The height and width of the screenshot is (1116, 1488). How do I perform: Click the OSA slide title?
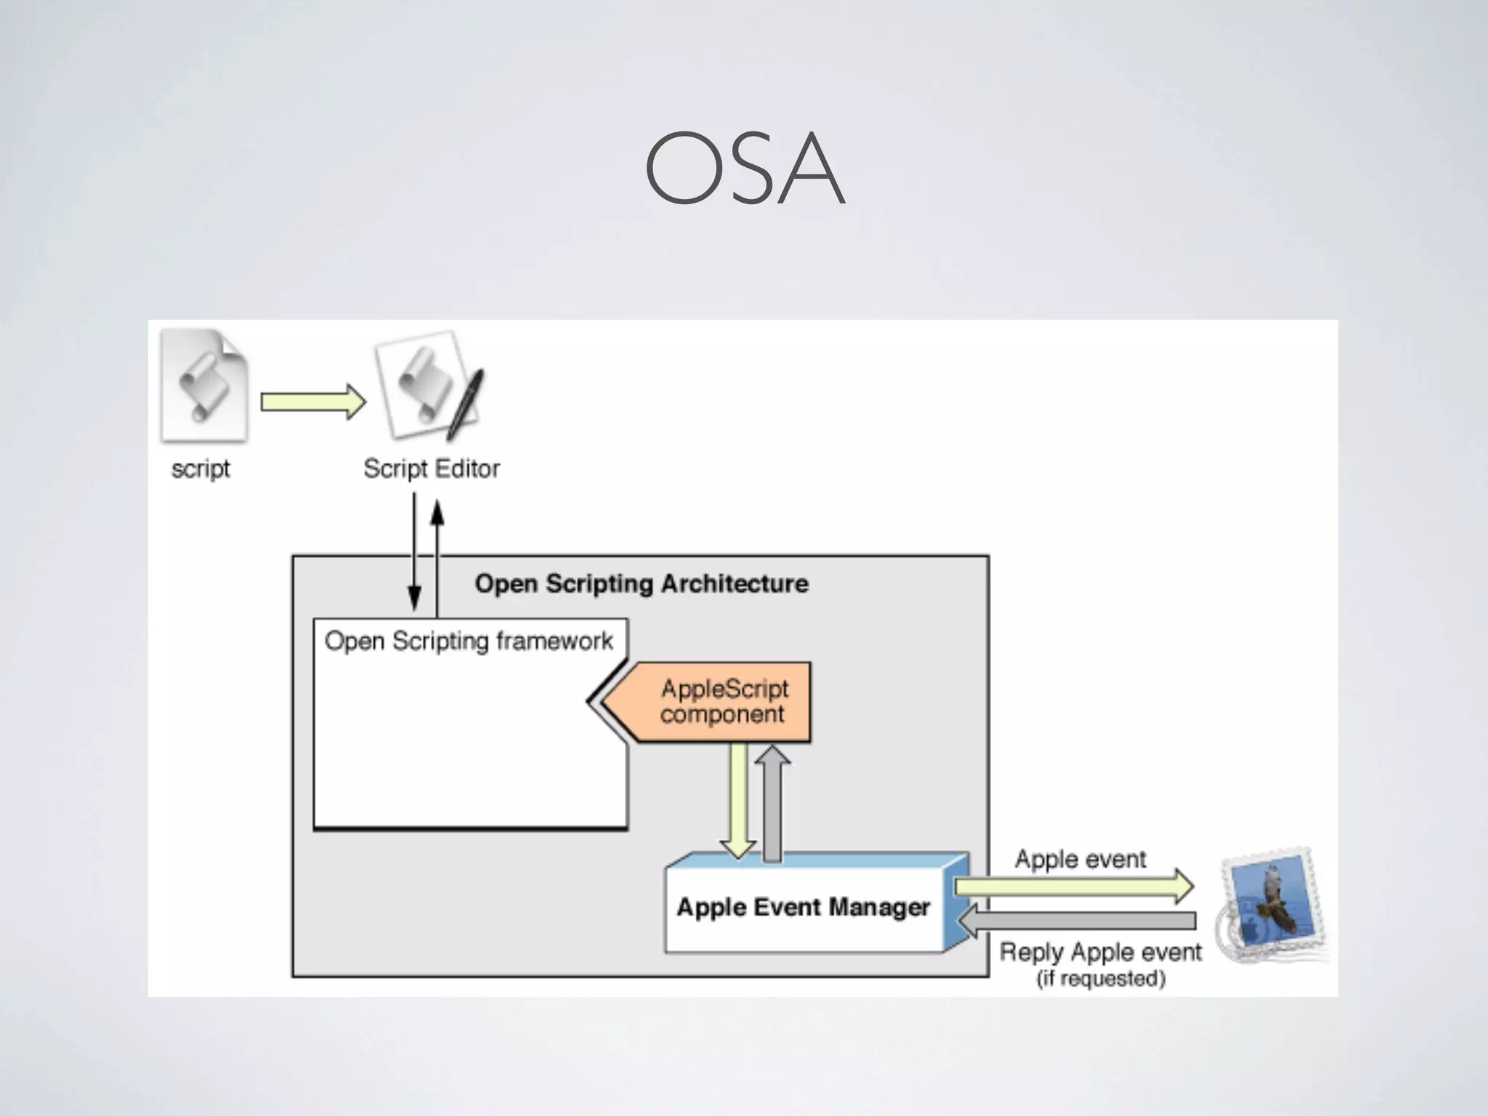click(745, 169)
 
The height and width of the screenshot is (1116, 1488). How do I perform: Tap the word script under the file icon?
click(201, 469)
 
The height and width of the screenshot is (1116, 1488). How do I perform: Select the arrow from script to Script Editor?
click(312, 402)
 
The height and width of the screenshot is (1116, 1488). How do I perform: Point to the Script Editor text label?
click(432, 469)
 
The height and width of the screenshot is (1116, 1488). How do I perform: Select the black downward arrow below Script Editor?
click(414, 552)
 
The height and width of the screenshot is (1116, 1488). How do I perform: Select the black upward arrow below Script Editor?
click(437, 552)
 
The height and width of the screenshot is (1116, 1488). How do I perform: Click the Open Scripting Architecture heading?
click(641, 583)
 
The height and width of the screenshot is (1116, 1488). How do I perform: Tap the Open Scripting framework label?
click(469, 641)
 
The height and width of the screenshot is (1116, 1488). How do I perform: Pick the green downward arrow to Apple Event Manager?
click(738, 799)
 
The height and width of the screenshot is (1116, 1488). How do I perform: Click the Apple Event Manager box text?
click(803, 907)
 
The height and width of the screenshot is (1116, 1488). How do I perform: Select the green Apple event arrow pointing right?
click(1073, 886)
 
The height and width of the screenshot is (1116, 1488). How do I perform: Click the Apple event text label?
click(1080, 860)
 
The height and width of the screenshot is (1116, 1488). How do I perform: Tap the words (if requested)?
click(1101, 979)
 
